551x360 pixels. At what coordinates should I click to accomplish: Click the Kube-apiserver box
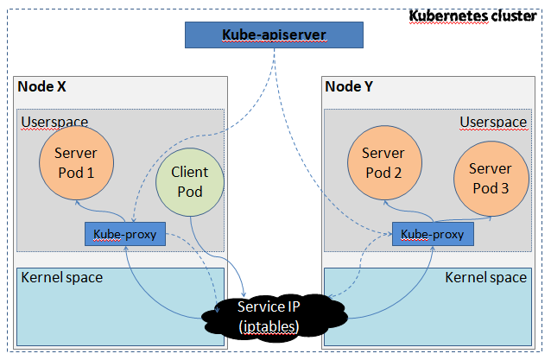[274, 35]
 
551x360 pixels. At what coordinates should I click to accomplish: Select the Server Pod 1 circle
[75, 161]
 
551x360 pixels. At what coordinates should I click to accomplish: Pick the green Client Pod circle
[190, 181]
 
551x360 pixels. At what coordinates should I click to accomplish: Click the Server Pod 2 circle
[383, 162]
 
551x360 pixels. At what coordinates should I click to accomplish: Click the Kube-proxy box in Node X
[124, 234]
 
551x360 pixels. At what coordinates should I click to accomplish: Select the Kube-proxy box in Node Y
[432, 234]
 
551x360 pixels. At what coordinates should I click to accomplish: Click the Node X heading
[42, 87]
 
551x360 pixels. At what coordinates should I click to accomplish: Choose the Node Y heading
[350, 87]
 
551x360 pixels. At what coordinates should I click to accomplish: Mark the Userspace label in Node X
[54, 122]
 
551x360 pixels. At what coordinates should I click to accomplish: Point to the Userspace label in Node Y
[492, 122]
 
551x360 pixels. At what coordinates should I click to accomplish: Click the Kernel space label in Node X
[61, 277]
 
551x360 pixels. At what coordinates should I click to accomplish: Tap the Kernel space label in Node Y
[485, 277]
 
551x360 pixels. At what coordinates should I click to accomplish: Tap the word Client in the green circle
[190, 173]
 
